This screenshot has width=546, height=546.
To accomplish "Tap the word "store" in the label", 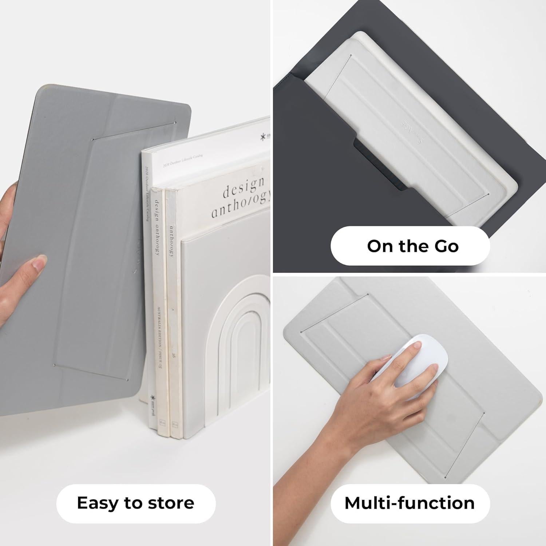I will point(173,503).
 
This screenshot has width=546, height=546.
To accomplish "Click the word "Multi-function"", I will point(409,503).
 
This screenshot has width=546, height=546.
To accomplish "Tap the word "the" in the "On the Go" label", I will point(409,246).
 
